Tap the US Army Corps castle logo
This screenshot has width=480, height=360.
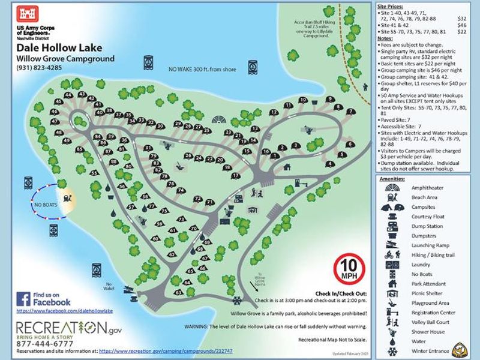(29, 15)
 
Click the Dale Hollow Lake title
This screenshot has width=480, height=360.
(59, 47)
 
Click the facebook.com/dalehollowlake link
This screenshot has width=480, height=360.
(65, 312)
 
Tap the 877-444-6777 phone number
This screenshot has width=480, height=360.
(45, 344)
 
